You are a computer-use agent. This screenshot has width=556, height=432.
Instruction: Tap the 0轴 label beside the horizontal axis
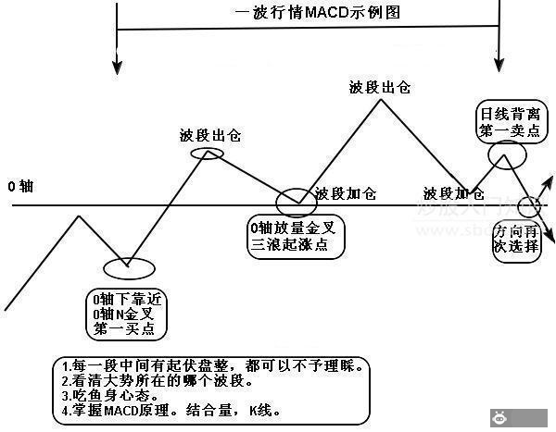point(20,186)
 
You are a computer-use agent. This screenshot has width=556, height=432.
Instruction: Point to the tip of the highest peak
point(380,99)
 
